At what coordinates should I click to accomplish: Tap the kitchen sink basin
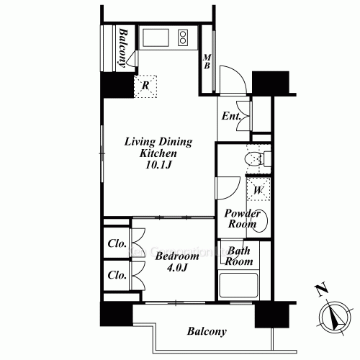(156, 37)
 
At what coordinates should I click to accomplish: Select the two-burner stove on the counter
(183, 37)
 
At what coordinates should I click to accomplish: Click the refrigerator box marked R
(145, 86)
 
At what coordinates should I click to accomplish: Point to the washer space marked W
(258, 189)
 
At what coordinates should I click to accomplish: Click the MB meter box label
(207, 61)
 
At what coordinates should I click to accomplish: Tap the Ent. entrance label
(231, 116)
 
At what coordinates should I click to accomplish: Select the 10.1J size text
(158, 165)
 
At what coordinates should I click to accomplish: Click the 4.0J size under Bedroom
(177, 268)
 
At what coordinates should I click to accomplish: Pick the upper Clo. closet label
(117, 243)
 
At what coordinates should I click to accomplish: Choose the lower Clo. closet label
(117, 275)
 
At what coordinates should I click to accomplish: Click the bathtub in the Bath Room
(239, 285)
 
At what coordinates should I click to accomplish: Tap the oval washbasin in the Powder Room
(260, 221)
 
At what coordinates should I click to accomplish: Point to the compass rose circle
(336, 318)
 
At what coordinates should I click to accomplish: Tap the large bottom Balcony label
(207, 331)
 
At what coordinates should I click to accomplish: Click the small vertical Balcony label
(123, 48)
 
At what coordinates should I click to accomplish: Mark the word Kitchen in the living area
(158, 153)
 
